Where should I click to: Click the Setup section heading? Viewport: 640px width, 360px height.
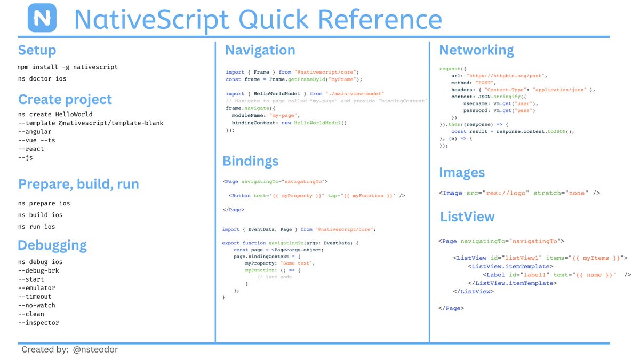point(37,51)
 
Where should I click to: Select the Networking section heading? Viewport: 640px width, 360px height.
point(476,51)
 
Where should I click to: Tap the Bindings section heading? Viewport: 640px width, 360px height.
point(250,161)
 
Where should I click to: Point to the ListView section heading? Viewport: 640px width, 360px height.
point(467,217)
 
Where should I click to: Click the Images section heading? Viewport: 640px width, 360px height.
point(462,173)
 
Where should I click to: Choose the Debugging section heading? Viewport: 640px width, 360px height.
point(52,245)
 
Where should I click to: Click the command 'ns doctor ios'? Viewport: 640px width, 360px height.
point(42,79)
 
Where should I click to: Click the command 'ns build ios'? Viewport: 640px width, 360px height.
point(40,215)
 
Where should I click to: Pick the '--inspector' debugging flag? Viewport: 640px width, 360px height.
point(38,323)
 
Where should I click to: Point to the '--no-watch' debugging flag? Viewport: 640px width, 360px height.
point(36,306)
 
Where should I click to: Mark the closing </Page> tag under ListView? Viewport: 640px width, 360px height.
point(451,308)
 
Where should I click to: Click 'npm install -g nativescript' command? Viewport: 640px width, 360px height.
point(68,67)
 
